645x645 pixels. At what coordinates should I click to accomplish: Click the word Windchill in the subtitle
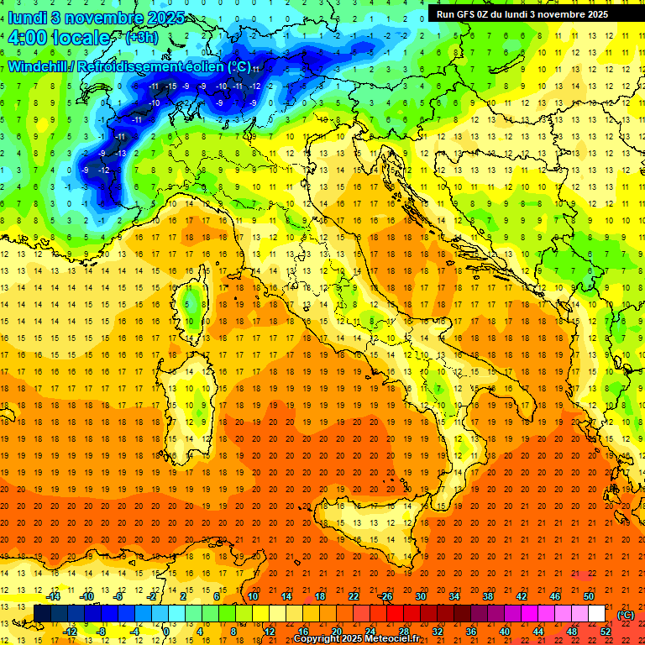tap(39, 66)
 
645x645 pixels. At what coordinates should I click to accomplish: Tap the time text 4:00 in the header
tap(31, 38)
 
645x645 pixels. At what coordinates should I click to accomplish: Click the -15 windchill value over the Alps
tap(170, 86)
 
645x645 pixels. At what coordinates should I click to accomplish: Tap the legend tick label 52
tap(606, 632)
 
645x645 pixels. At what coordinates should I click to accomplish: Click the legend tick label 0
tap(166, 632)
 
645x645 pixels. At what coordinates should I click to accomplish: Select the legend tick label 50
tap(589, 596)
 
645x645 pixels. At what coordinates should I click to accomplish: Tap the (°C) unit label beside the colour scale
tap(625, 614)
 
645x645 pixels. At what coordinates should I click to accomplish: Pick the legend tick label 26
tap(387, 596)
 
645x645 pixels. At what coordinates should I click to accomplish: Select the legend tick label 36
tap(471, 632)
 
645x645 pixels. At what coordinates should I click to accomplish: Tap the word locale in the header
tap(81, 38)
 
